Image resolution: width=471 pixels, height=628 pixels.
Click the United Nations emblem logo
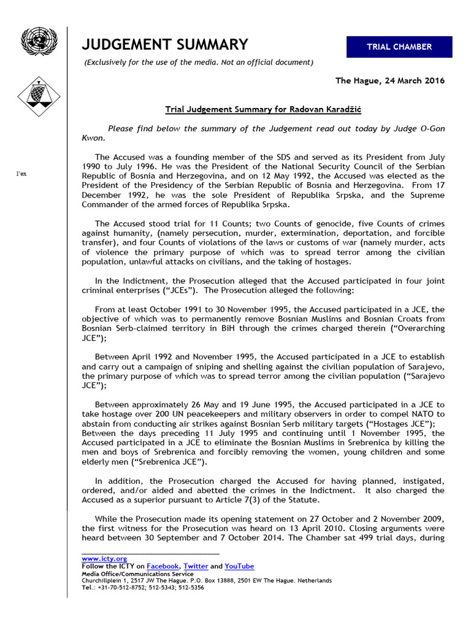pyautogui.click(x=39, y=42)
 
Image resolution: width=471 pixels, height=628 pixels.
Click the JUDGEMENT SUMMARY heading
pyautogui.click(x=165, y=44)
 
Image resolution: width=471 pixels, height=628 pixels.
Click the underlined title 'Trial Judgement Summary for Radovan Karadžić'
pyautogui.click(x=263, y=110)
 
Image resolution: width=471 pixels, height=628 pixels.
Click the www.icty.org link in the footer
pyautogui.click(x=104, y=559)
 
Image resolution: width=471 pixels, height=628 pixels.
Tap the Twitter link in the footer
pyautogui.click(x=196, y=566)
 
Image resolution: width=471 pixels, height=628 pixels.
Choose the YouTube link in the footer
pyautogui.click(x=239, y=566)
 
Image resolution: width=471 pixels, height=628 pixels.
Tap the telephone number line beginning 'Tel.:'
pyautogui.click(x=143, y=587)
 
